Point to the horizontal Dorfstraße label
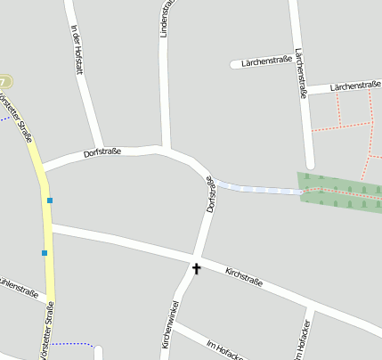[x=102, y=152]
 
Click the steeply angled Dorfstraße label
[x=211, y=193]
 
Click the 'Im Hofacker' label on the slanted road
[x=224, y=348]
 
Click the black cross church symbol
[x=196, y=266]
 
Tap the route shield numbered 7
[x=5, y=81]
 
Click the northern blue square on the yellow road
[x=50, y=200]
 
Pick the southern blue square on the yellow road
[x=44, y=253]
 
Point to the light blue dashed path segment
[x=258, y=189]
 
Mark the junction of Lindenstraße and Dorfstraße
[x=165, y=149]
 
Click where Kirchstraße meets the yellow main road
[x=50, y=229]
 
